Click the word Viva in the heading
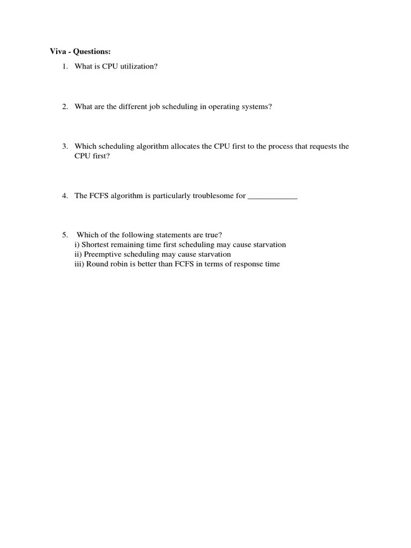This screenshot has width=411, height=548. click(x=58, y=52)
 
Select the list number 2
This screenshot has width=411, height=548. click(x=64, y=106)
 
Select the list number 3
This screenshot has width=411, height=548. click(x=64, y=146)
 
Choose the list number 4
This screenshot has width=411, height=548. click(x=64, y=196)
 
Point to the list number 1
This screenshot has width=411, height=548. click(x=64, y=67)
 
